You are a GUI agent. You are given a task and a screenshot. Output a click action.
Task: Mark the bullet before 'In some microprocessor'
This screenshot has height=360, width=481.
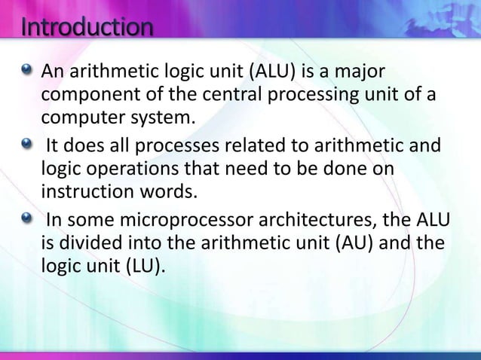click(x=28, y=220)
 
